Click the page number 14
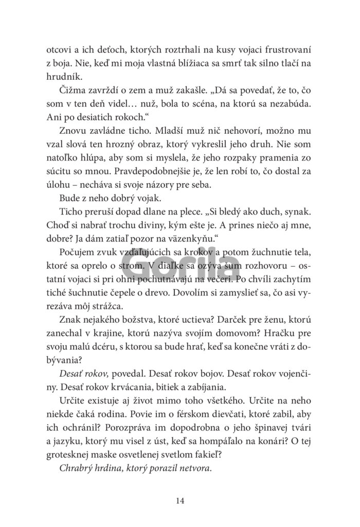click(x=179, y=500)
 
